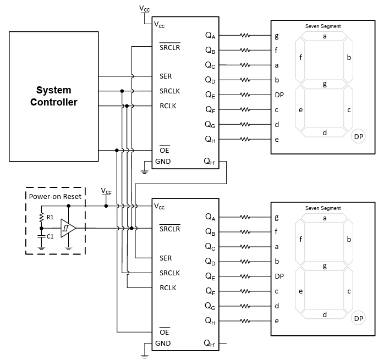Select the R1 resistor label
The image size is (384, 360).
(50, 217)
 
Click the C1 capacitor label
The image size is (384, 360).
(50, 236)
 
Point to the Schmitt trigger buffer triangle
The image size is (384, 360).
(68, 227)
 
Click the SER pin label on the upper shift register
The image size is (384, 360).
(166, 76)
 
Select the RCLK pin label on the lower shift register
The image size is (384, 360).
(168, 287)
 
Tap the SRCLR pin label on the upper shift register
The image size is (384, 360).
(169, 47)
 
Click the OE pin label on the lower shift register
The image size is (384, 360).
(164, 332)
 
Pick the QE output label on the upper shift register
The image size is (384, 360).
(210, 95)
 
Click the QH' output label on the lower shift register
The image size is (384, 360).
(210, 344)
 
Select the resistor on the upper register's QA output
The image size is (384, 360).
(245, 36)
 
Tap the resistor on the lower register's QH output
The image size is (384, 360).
(245, 320)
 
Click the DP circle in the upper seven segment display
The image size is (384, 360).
(359, 136)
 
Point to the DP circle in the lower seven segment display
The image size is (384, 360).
(359, 318)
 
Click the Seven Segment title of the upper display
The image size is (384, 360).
(323, 26)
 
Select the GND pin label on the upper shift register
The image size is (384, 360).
(163, 162)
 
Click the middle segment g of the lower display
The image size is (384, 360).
(325, 266)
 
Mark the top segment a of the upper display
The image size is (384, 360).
(325, 36)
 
